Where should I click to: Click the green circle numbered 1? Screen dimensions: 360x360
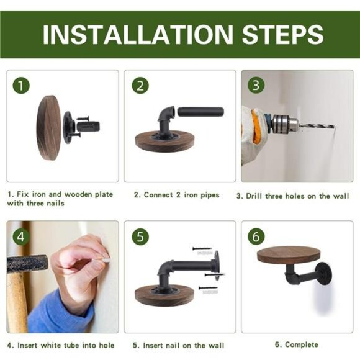21,86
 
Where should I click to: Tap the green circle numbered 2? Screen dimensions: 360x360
140,86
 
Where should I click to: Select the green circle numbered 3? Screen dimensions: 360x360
256,85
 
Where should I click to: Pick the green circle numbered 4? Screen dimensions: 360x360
21,236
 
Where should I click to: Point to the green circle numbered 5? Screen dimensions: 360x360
140,236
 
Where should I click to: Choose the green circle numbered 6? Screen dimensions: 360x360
256,236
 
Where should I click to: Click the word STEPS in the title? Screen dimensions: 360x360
283,34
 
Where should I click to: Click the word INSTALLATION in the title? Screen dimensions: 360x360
138,34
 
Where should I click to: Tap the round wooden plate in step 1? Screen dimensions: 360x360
49,128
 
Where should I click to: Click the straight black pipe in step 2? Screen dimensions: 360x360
200,112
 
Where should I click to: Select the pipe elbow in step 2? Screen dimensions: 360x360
165,118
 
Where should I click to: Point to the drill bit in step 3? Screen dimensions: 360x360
317,126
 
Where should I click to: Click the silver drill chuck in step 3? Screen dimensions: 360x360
286,124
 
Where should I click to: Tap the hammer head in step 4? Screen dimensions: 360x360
27,263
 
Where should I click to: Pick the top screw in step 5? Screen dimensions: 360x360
202,248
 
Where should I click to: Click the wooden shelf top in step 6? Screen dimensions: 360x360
289,254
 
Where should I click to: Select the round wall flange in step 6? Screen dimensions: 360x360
324,273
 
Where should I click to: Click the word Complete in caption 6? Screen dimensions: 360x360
302,344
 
